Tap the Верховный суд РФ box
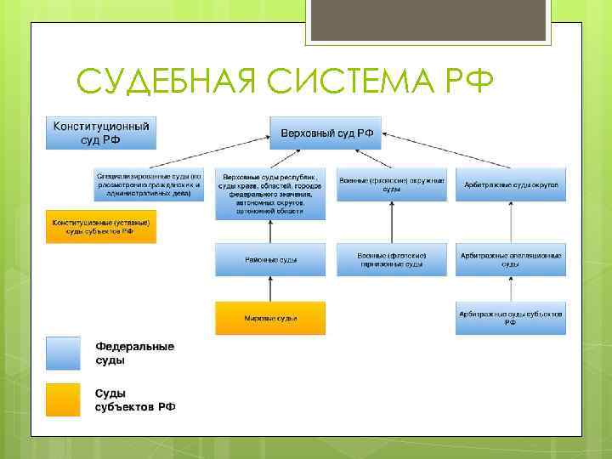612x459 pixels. (x=326, y=133)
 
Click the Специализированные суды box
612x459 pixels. (x=149, y=184)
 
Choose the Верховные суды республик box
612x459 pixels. (x=270, y=194)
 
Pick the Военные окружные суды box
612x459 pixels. (x=391, y=184)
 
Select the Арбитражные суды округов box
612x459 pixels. (x=511, y=184)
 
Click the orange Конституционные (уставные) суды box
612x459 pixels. (x=100, y=226)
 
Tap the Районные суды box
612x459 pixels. (x=270, y=259)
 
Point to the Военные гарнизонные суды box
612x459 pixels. (x=391, y=259)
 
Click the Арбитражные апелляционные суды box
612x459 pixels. (x=511, y=259)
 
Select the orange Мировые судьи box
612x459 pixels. (x=270, y=318)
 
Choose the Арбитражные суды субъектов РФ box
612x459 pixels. (x=511, y=318)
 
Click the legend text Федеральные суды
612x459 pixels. (x=133, y=354)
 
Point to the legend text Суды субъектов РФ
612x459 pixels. (x=134, y=399)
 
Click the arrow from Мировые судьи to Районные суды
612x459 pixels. (x=270, y=289)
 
